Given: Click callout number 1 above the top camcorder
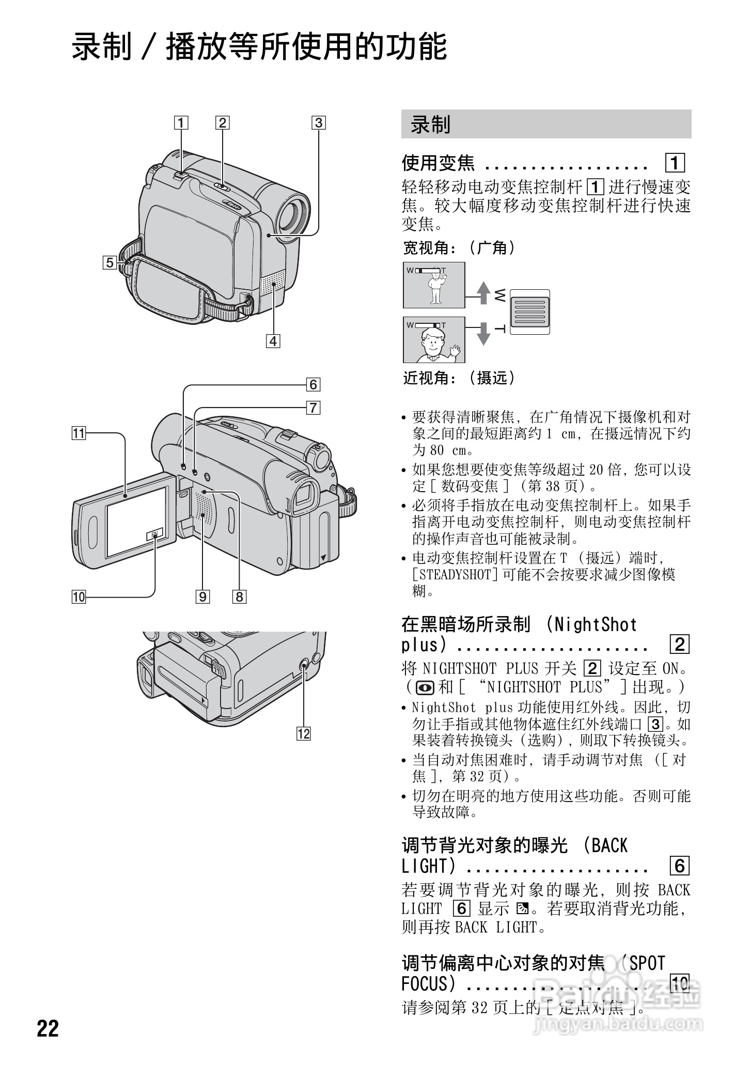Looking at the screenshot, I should click(181, 123).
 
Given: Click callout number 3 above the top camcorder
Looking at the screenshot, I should click(318, 123).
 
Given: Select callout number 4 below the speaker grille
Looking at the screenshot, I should click(273, 341).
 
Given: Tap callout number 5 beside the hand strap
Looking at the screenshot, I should click(110, 262).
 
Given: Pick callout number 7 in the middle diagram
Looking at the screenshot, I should click(313, 408).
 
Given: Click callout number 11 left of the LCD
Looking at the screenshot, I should click(79, 433).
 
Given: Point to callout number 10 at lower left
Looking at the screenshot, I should click(79, 597).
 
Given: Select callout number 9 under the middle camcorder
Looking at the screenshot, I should click(202, 597).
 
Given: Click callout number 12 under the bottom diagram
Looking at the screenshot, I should click(303, 733).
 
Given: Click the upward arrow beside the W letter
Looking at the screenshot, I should click(483, 292).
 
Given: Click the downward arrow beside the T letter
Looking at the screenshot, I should click(483, 333).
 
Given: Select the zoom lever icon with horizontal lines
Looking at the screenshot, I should click(529, 312).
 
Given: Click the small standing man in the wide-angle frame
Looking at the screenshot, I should click(437, 288).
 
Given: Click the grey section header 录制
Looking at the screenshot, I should click(546, 124).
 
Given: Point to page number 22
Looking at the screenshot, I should click(48, 1028).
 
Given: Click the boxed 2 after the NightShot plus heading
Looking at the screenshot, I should click(679, 644).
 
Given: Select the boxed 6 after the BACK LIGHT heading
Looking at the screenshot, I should click(679, 866).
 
